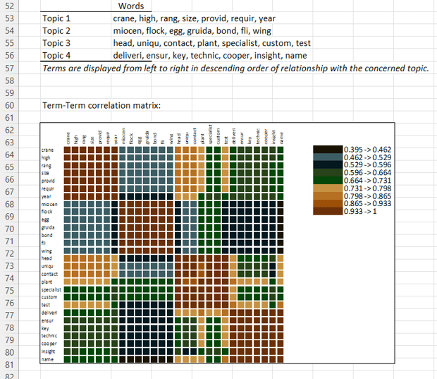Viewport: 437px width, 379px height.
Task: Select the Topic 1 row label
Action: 56,18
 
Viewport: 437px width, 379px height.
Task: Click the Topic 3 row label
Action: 56,43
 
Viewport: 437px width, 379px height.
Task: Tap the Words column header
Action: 131,6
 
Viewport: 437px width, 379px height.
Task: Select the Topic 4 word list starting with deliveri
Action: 210,56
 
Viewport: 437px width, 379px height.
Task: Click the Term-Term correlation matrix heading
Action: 101,105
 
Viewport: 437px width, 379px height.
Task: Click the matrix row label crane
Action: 48,150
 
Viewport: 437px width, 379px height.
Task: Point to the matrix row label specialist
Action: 51,289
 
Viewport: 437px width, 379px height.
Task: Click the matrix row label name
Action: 47,359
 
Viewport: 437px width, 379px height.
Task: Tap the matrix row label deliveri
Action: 49,312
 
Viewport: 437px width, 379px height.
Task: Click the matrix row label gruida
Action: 49,227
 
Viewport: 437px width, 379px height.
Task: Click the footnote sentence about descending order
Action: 235,68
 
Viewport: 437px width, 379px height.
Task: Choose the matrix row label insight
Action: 49,351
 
